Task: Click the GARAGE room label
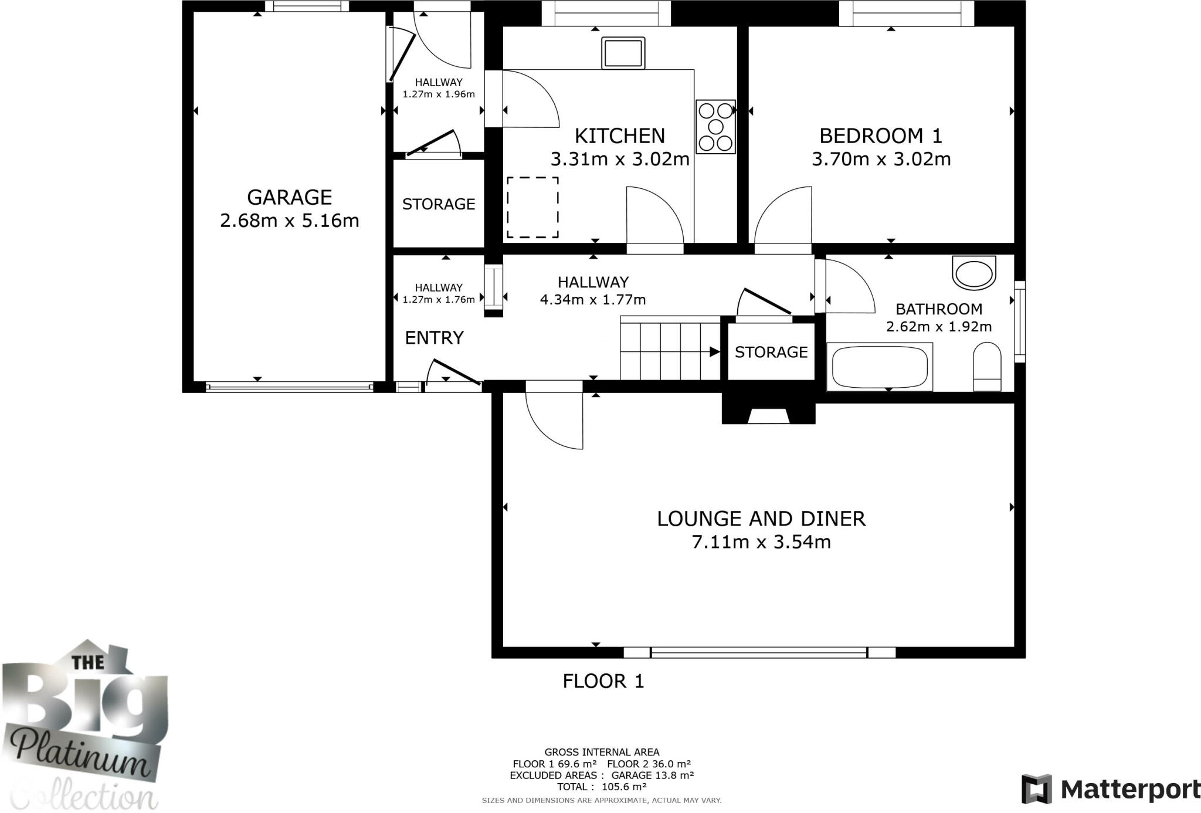289,197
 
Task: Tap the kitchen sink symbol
623,53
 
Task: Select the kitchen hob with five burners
715,127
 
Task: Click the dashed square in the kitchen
532,208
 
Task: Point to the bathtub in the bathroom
879,367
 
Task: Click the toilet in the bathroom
987,367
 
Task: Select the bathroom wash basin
974,273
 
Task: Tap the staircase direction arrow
714,352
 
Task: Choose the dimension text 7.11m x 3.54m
761,542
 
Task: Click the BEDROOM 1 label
880,136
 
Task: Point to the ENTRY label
434,338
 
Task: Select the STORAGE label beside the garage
439,204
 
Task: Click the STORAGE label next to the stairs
771,352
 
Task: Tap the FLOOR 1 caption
603,681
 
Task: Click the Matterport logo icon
1036,790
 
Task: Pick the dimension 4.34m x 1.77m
593,300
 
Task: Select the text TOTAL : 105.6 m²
602,787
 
